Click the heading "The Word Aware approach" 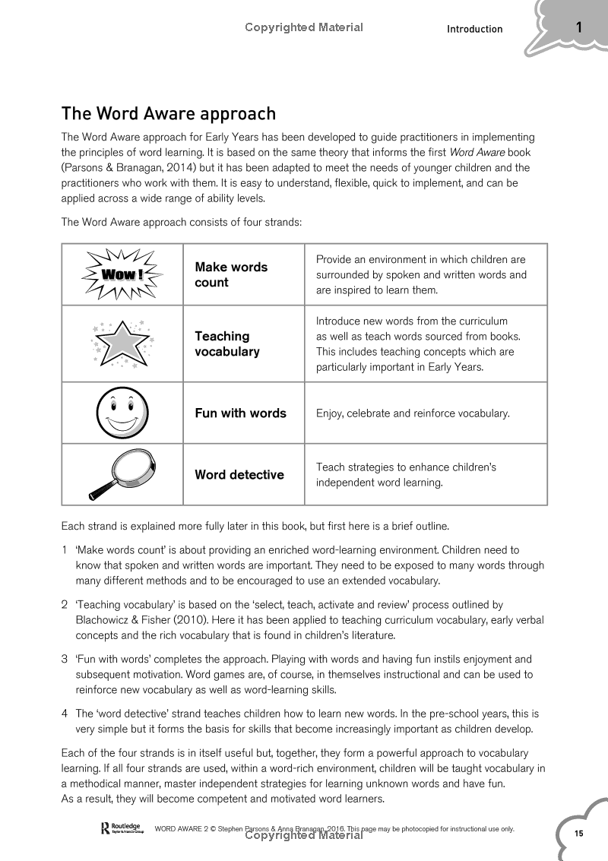tap(168, 114)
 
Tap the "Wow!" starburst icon tap(122, 274)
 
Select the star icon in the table tap(122, 343)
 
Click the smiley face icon tap(122, 413)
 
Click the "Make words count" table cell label tap(231, 274)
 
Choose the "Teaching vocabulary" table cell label tap(226, 343)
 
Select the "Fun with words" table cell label tap(240, 413)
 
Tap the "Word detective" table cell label tap(239, 475)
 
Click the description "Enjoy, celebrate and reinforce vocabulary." tap(413, 413)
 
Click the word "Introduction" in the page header tap(474, 29)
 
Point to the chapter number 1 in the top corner tap(578, 28)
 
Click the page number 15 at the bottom tap(578, 834)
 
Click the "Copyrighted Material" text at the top tap(304, 27)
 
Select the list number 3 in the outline tap(65, 660)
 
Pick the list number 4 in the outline tap(65, 714)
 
